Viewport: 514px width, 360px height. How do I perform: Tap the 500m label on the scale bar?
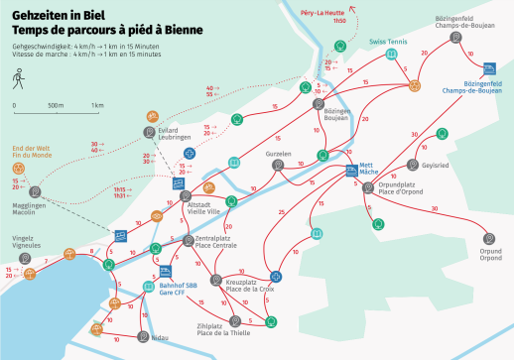(x=56, y=105)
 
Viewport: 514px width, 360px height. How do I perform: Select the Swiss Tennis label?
(x=388, y=43)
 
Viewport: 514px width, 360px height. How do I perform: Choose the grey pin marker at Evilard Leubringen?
(x=148, y=132)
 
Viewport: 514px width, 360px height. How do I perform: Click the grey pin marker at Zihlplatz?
(x=235, y=320)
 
